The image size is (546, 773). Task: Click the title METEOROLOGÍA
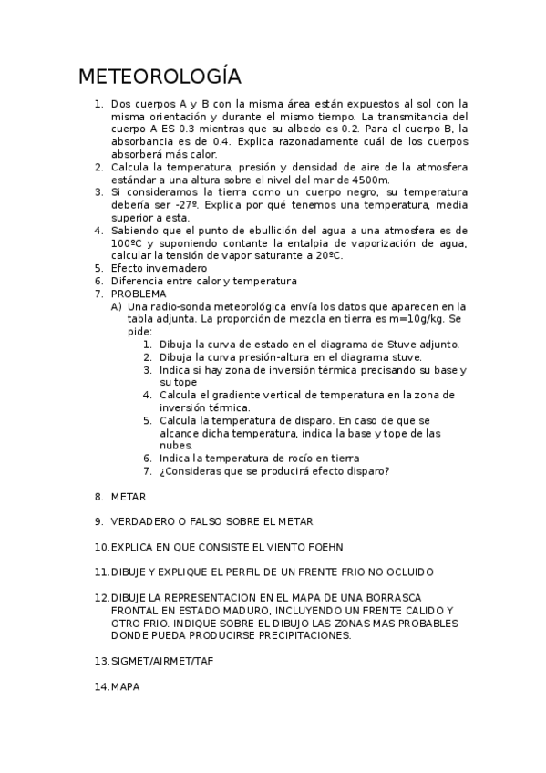[x=160, y=76]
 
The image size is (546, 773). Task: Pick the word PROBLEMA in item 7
[x=139, y=294]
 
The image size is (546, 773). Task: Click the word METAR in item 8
[x=129, y=497]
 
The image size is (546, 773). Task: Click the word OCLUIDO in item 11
[x=406, y=572]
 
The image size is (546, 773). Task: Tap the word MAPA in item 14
[x=126, y=685]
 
